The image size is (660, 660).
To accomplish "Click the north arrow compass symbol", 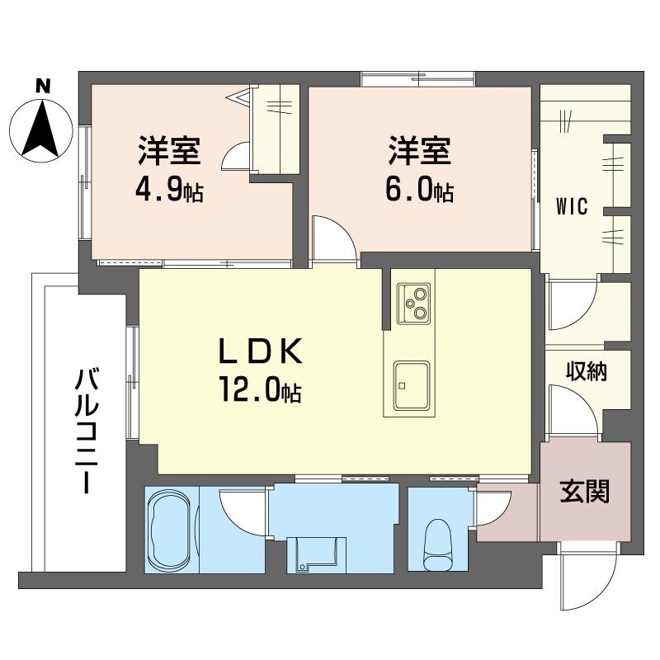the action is click(x=40, y=130).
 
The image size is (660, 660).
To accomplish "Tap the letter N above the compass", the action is click(x=43, y=87).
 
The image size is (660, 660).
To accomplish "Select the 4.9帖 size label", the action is click(x=170, y=192).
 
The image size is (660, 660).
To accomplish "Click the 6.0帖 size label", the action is click(x=420, y=192).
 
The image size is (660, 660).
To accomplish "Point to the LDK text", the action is click(x=261, y=352).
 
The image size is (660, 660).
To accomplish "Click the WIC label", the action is click(x=572, y=207).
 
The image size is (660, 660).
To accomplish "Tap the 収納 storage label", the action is click(x=586, y=371).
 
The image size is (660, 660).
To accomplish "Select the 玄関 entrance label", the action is click(x=585, y=492).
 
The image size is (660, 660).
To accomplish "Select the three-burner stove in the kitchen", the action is click(x=414, y=303).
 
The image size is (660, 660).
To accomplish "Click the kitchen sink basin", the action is click(x=412, y=385).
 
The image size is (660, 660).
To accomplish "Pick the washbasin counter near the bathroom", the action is click(x=317, y=554).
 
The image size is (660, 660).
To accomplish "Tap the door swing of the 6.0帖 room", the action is click(x=335, y=240).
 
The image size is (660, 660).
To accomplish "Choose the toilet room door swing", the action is click(x=493, y=508).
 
